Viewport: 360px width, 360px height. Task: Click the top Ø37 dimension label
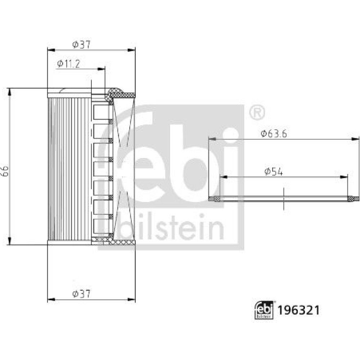click(81, 45)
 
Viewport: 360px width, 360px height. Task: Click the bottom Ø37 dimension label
click(81, 294)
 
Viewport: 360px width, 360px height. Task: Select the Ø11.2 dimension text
click(68, 64)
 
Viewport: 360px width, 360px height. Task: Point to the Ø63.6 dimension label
click(274, 134)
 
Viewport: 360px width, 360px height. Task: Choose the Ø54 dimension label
click(274, 171)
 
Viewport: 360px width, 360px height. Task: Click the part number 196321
click(299, 310)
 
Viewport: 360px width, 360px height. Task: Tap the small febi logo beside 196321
click(264, 310)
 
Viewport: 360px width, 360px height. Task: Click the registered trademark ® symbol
click(257, 113)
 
